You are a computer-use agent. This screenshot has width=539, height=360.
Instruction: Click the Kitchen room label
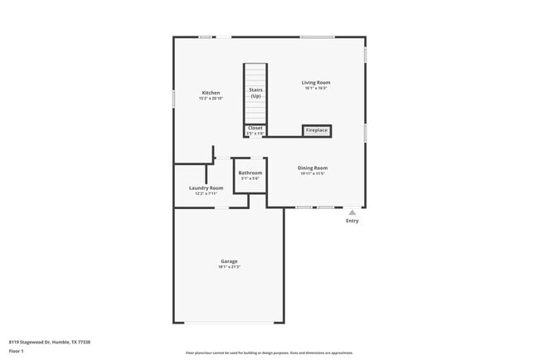click(210, 92)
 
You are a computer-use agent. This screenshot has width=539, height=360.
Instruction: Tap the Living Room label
click(315, 82)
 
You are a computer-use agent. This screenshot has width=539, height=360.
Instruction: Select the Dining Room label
click(313, 168)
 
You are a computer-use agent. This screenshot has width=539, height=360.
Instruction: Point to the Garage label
click(229, 261)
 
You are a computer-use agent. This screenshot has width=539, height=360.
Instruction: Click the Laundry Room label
click(206, 187)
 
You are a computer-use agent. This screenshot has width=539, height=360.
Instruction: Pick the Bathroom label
click(250, 173)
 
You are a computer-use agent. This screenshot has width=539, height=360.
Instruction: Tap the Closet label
click(255, 128)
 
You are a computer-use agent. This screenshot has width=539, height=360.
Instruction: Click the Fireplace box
click(317, 131)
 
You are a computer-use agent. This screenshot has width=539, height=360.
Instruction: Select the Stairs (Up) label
click(255, 92)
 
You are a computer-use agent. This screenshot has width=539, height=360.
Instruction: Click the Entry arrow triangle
click(352, 212)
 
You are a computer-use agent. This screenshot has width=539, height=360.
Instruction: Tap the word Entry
click(352, 221)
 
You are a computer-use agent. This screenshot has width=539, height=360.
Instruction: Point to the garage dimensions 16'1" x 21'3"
click(229, 267)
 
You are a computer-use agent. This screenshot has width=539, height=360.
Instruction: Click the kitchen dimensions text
click(210, 99)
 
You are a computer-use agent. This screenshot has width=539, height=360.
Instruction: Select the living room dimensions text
click(315, 89)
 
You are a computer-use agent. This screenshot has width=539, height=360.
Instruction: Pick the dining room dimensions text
click(313, 173)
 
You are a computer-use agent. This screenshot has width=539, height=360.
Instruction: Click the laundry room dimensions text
click(206, 193)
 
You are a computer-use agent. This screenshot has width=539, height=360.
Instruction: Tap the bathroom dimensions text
click(250, 178)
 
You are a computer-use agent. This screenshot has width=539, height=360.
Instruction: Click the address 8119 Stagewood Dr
click(50, 342)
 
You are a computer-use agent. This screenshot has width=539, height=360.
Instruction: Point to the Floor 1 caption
click(17, 352)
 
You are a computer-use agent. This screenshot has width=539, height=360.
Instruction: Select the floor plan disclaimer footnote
click(269, 353)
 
